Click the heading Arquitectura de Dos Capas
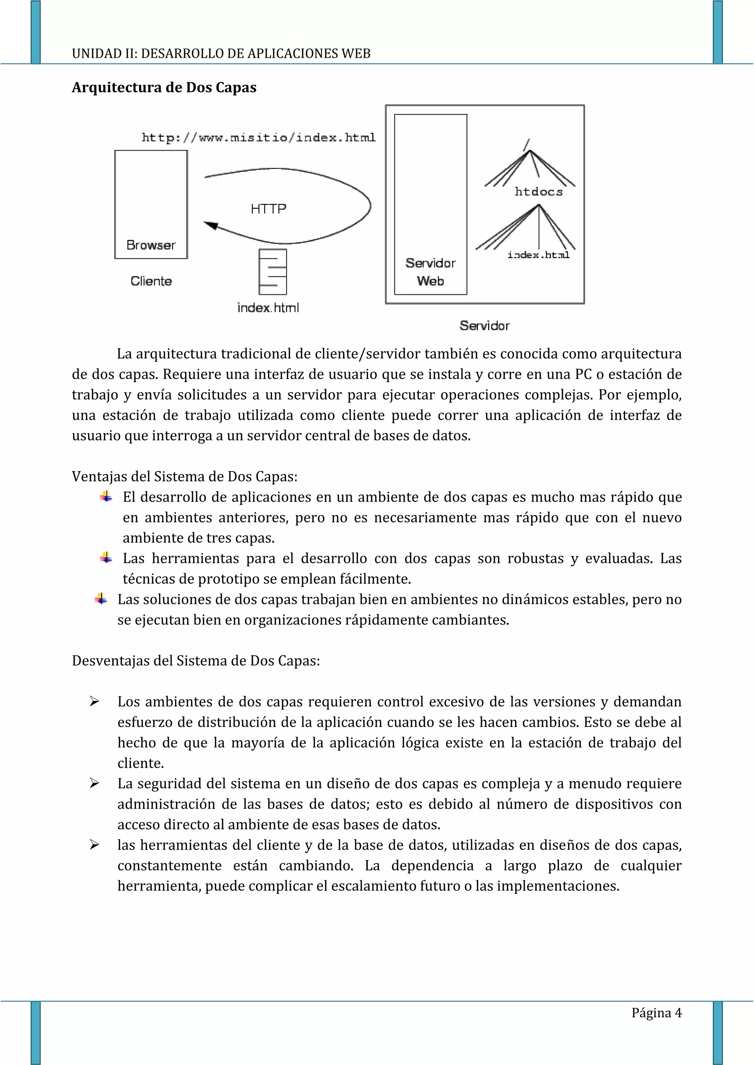(x=164, y=87)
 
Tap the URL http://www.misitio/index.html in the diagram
(x=258, y=137)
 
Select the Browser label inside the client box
(x=151, y=245)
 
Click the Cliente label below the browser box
(x=151, y=281)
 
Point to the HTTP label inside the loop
(x=268, y=209)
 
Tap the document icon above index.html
(x=272, y=272)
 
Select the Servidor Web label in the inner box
(x=430, y=272)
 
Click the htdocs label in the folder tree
(x=539, y=192)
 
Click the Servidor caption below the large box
(x=484, y=325)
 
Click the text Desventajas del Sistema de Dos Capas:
(x=195, y=660)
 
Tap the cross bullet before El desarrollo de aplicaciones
(x=106, y=497)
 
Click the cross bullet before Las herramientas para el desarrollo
(x=106, y=558)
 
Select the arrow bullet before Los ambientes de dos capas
(x=95, y=702)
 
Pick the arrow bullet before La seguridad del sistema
(x=95, y=783)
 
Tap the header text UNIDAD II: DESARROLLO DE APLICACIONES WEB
(x=221, y=54)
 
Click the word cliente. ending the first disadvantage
(x=141, y=763)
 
